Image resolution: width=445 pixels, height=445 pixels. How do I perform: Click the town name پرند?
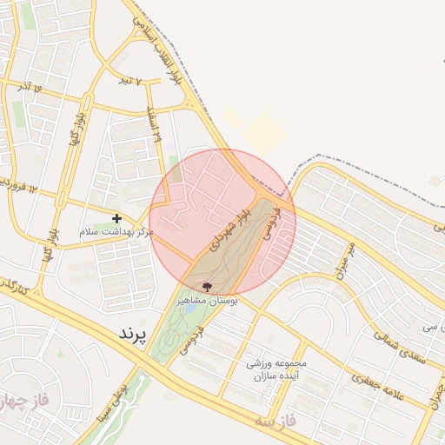133,334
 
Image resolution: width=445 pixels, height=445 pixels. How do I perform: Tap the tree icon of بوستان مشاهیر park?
206,286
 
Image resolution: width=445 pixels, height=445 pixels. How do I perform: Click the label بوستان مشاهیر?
208,299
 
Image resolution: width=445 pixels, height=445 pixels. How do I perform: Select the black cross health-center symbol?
116,217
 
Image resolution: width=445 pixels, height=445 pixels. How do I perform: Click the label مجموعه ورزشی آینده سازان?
277,370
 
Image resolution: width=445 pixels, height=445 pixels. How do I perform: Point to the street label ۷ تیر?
130,80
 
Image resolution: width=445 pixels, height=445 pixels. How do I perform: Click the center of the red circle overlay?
222,222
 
